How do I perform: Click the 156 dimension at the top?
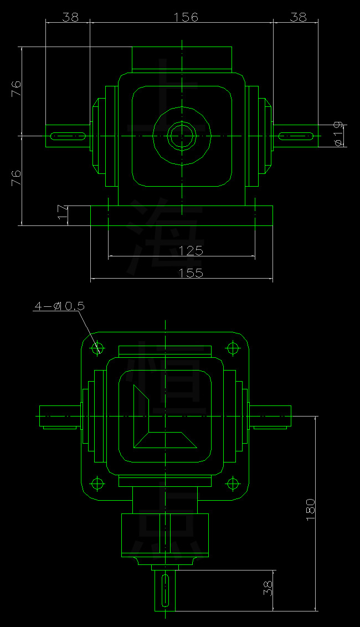[186, 17]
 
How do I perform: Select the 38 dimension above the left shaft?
[70, 17]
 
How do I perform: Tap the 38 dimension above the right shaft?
[298, 17]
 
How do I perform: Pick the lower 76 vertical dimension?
[16, 177]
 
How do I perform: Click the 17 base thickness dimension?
[62, 213]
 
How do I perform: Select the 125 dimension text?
[191, 250]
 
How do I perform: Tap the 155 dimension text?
[191, 273]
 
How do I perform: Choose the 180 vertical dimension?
[310, 508]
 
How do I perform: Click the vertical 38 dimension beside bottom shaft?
[268, 588]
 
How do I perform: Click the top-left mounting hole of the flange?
[98, 348]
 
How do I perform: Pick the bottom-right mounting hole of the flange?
[233, 484]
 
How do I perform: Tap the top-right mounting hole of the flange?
[233, 348]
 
